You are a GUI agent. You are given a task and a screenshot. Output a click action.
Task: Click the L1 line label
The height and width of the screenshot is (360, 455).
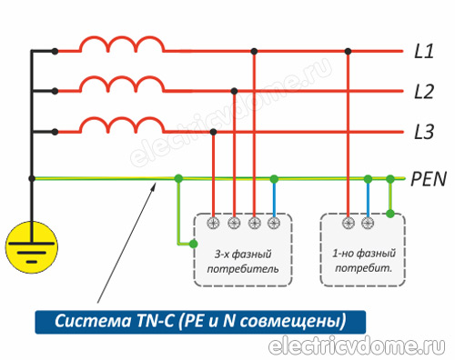click(423, 51)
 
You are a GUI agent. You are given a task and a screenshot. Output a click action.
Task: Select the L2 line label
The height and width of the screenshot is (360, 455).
click(423, 91)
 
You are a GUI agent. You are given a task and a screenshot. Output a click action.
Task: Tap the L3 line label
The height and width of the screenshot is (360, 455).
click(423, 133)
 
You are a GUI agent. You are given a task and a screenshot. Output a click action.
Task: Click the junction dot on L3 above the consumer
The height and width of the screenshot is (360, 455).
click(214, 132)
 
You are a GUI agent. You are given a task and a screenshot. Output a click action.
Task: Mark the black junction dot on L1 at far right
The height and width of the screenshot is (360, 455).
click(349, 51)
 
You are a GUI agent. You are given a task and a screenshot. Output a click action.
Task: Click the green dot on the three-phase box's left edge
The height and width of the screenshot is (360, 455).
click(194, 243)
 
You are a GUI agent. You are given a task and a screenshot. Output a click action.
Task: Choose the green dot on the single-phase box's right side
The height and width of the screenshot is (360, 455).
click(390, 215)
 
